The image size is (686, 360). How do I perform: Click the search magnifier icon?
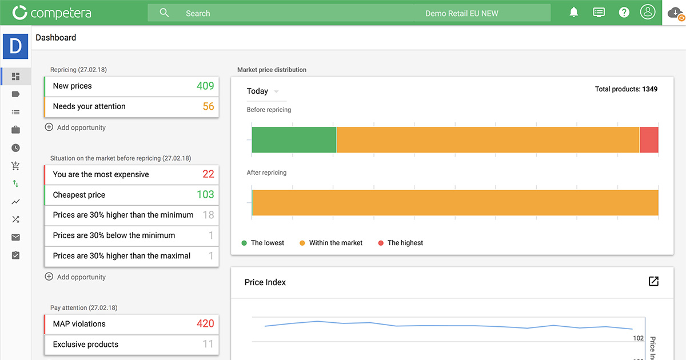(164, 13)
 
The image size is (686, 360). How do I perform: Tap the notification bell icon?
(574, 12)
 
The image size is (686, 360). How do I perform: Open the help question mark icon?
(624, 12)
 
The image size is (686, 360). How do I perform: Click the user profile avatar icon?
(647, 12)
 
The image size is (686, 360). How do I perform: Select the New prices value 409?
(205, 86)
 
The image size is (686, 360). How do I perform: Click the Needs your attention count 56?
(208, 106)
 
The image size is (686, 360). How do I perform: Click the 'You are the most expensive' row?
(101, 174)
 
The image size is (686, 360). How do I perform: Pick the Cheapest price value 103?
(205, 195)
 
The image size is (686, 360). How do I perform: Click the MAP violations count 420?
(205, 324)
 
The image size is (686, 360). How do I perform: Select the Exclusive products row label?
(85, 345)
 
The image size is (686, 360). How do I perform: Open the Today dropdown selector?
(263, 91)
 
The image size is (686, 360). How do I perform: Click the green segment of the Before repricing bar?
(294, 140)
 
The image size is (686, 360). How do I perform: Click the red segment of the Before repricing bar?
(649, 140)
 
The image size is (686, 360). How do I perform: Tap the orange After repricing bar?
(455, 203)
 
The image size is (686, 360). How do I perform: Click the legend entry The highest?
(405, 243)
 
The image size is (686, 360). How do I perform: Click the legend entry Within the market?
(336, 243)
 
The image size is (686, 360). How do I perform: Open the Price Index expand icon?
(653, 281)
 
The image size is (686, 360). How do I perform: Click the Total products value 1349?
(649, 89)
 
